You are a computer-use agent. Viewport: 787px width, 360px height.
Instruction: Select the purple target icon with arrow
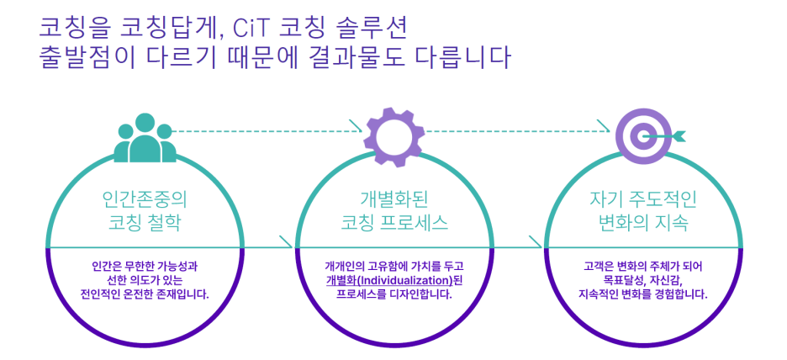tap(642, 133)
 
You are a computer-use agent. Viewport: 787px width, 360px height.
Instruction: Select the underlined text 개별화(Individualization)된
tap(393, 280)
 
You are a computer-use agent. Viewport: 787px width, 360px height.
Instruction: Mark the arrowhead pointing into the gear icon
tap(362, 131)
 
